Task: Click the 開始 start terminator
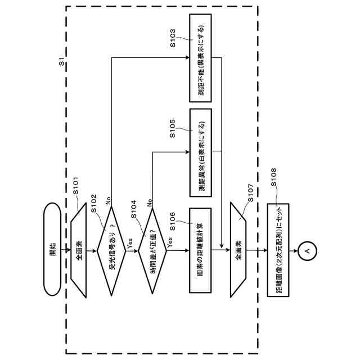(52, 249)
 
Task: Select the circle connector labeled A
(308, 251)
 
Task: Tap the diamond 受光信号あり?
(111, 251)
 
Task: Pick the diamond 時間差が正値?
(152, 250)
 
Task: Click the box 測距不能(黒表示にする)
(200, 58)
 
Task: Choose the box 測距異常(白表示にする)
(200, 152)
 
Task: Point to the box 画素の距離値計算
(200, 250)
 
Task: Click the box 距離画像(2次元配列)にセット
(278, 250)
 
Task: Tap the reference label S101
(76, 186)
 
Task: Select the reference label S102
(94, 204)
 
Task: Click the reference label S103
(173, 38)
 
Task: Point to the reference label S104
(133, 209)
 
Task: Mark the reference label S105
(173, 128)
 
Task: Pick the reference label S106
(173, 221)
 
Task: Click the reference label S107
(250, 193)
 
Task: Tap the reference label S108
(273, 177)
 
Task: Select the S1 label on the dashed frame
(61, 61)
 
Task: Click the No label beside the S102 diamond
(108, 201)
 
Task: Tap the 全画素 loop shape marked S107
(238, 250)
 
